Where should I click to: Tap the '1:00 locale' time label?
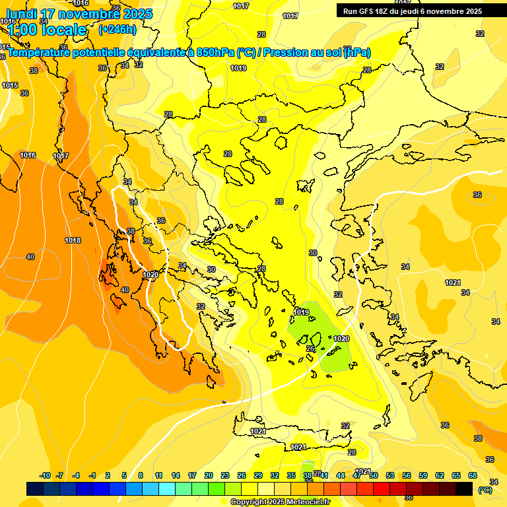(x=47, y=30)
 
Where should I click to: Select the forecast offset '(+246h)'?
(x=117, y=30)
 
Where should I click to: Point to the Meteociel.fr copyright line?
(x=280, y=502)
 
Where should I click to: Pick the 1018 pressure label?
(x=73, y=240)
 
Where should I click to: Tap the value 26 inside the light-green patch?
(x=310, y=349)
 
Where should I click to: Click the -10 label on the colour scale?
(x=45, y=475)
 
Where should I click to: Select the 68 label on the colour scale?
(x=473, y=475)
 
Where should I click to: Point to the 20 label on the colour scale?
(x=209, y=475)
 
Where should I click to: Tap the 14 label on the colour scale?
(x=176, y=475)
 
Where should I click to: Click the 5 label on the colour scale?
(x=125, y=475)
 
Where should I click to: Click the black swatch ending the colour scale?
(x=464, y=489)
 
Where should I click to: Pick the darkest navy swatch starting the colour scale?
(x=35, y=489)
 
